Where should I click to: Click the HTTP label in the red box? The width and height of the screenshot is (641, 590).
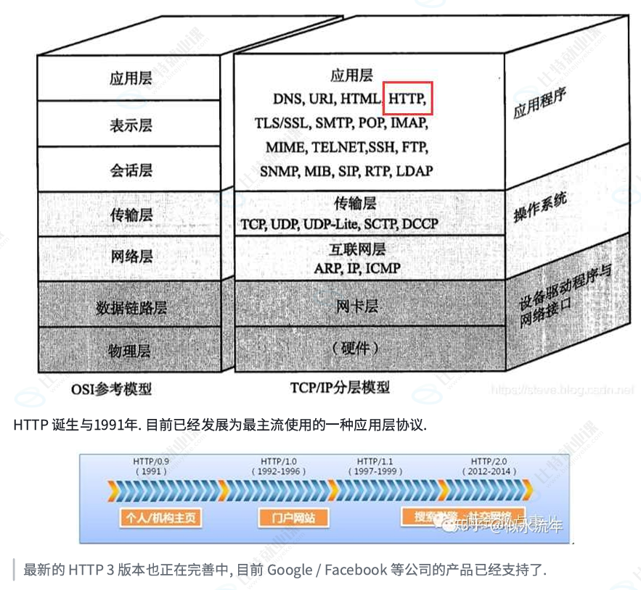[x=408, y=98]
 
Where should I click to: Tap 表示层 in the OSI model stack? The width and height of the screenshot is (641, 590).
[x=131, y=125]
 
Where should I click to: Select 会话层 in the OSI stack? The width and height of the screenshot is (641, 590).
[x=131, y=170]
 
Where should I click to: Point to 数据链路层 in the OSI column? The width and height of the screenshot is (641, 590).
[x=131, y=307]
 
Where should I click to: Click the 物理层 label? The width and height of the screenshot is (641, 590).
[x=130, y=352]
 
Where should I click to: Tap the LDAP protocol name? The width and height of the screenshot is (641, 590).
[x=415, y=172]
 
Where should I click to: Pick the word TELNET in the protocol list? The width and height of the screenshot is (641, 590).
[x=330, y=147]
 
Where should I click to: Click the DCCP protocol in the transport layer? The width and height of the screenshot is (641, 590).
[x=420, y=223]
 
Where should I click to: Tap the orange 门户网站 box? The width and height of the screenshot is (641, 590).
[x=293, y=518]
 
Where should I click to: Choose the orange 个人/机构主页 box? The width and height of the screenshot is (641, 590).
[x=160, y=518]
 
